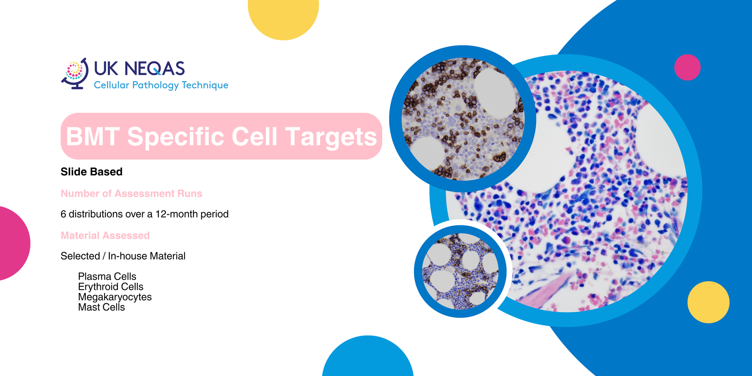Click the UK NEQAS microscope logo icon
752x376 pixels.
click(x=74, y=74)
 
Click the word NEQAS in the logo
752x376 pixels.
click(x=155, y=69)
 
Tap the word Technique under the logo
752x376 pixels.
click(x=205, y=85)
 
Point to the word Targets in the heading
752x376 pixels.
click(x=331, y=137)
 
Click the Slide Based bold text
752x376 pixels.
click(x=92, y=172)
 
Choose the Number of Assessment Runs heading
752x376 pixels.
click(x=131, y=193)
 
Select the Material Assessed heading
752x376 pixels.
click(x=105, y=235)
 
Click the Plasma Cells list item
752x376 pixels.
click(x=107, y=277)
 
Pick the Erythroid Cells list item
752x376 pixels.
click(x=110, y=287)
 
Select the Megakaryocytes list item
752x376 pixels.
click(x=115, y=297)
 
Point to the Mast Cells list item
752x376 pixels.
click(x=101, y=307)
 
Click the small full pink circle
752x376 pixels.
click(x=687, y=67)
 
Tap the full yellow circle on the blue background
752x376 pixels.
click(x=709, y=302)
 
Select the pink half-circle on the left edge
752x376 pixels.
click(x=14, y=243)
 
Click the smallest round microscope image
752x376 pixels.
click(x=460, y=271)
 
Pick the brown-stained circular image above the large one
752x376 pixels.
click(x=463, y=119)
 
